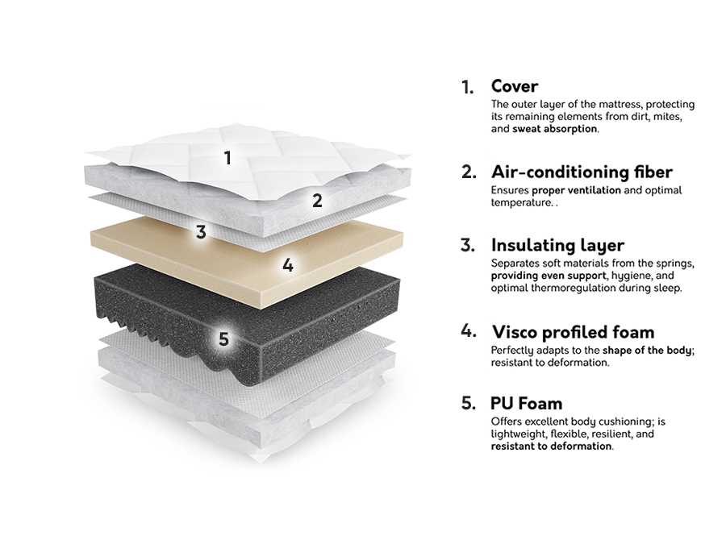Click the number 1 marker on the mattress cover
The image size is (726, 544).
[x=227, y=158]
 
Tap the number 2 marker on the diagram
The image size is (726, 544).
[x=317, y=201]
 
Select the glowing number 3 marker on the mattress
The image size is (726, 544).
[x=201, y=232]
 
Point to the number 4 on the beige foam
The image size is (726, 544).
[x=289, y=264]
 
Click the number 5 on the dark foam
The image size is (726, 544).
[x=223, y=339]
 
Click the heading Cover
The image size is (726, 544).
[x=515, y=86]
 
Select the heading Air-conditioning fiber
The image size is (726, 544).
[x=582, y=172]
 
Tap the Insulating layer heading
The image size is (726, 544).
[x=557, y=245]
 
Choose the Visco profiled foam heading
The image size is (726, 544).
[x=573, y=331]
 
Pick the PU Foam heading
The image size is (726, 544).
[x=527, y=403]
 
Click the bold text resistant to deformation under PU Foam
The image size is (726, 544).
[x=551, y=446]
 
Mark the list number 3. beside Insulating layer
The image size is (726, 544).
[x=468, y=246]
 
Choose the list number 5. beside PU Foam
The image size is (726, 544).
[x=468, y=404]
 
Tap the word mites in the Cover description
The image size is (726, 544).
[x=669, y=117]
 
